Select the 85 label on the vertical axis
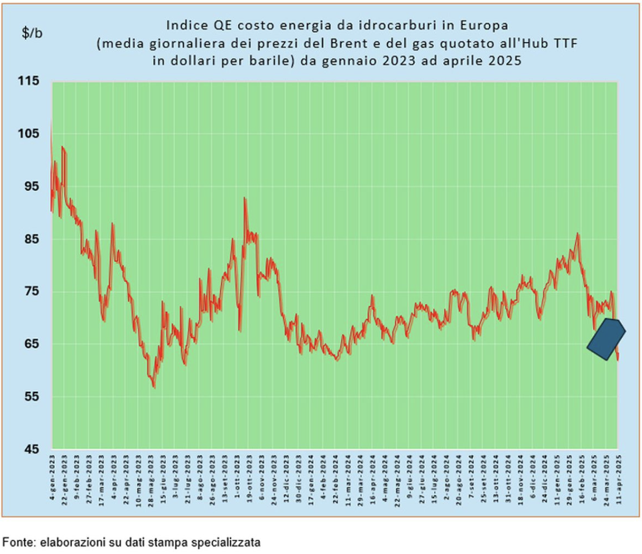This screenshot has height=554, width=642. (33, 239)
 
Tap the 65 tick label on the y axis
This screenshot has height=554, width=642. (33, 344)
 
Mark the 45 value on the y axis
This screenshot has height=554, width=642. (33, 450)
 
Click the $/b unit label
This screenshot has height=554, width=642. (32, 33)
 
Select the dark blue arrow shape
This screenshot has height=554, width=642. (606, 338)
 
